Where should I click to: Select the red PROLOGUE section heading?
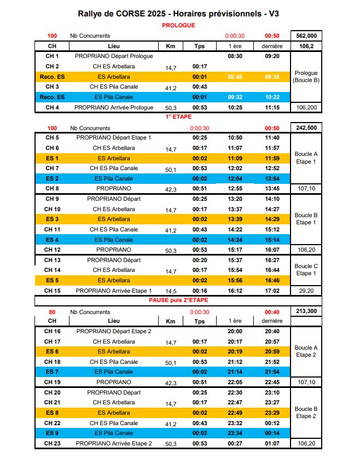point(178,25)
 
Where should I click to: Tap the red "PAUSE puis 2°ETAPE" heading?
point(178,300)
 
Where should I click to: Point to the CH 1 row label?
point(52,56)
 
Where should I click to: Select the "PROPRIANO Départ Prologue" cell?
point(114,56)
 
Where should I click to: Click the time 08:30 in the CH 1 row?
point(234,56)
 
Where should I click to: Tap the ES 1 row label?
point(52,158)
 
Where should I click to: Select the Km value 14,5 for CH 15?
point(171,292)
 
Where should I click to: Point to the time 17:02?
point(272,291)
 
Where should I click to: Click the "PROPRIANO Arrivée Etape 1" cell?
point(114,291)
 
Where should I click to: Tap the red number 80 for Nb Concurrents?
point(52,312)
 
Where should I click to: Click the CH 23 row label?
point(52,443)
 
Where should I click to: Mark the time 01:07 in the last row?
point(272,443)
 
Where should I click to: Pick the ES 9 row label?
point(52,433)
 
